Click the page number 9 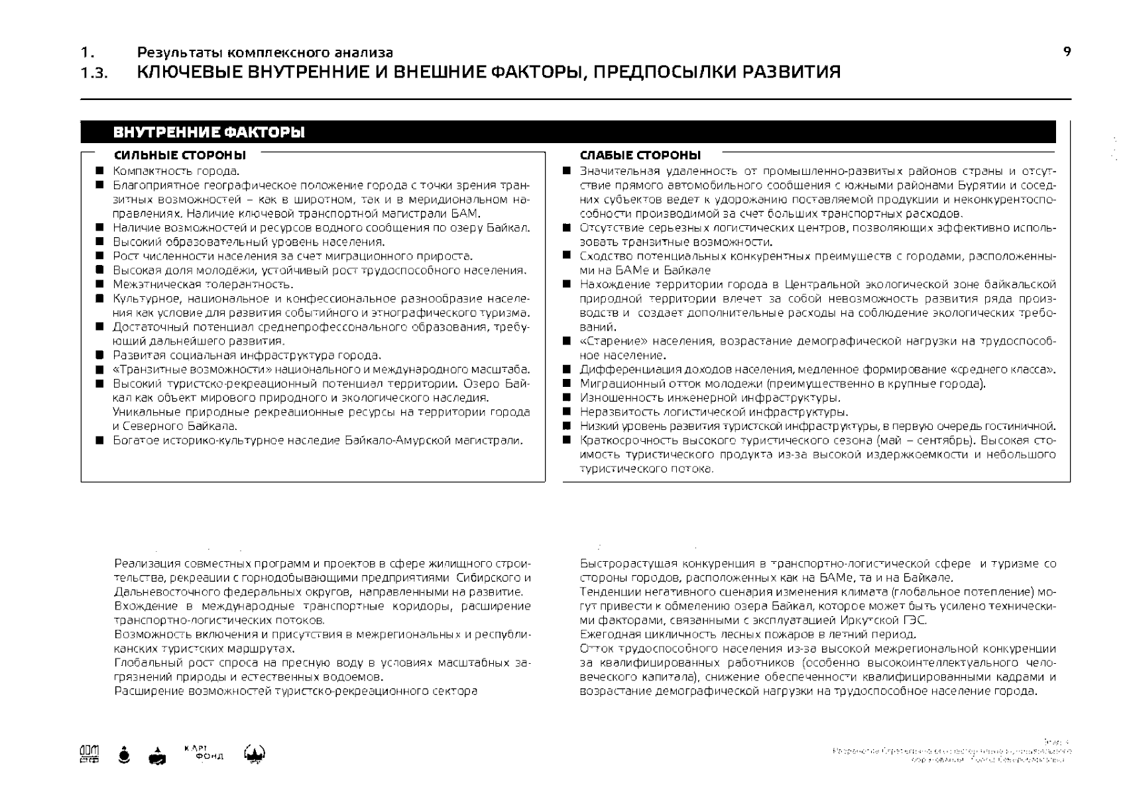pyautogui.click(x=1067, y=52)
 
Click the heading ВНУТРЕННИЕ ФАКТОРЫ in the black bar pyautogui.click(x=209, y=132)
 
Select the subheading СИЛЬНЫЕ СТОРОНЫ pyautogui.click(x=180, y=156)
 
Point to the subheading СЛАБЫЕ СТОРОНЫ pyautogui.click(x=640, y=156)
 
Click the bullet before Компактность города pyautogui.click(x=99, y=171)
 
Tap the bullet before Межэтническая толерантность pyautogui.click(x=99, y=284)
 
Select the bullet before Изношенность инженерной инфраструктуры pyautogui.click(x=567, y=397)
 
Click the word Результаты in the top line pyautogui.click(x=174, y=52)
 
